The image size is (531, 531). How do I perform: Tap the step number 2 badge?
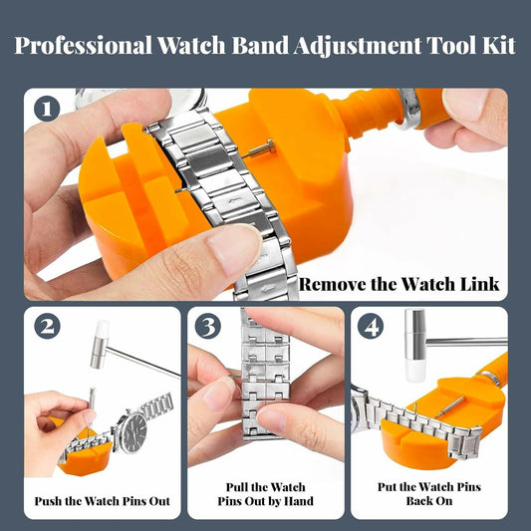47,326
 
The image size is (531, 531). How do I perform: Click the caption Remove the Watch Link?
398,283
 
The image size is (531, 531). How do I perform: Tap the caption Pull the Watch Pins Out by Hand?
264,494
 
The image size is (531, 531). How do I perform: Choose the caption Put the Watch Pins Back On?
429,494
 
